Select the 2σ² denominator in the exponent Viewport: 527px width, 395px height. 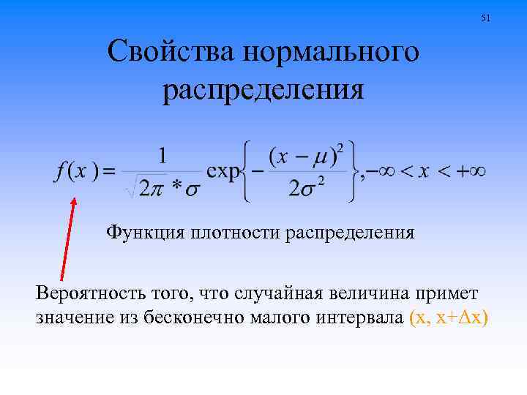[307, 189]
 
